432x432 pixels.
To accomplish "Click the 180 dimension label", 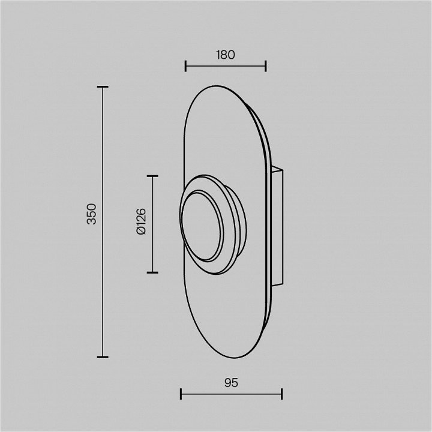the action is click(226, 55).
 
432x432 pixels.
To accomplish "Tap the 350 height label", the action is click(91, 214).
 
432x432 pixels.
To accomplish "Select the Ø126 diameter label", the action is click(141, 221).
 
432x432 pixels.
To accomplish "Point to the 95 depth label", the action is click(231, 383).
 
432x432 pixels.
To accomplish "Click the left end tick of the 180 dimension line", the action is click(185, 66).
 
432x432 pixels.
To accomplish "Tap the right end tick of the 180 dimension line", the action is click(266, 66).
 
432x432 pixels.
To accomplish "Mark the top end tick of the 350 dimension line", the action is click(103, 87).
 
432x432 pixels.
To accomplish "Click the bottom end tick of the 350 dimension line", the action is click(103, 357).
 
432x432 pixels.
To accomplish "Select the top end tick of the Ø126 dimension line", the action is click(152, 176).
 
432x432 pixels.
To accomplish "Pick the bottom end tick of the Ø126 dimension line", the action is click(152, 272).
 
